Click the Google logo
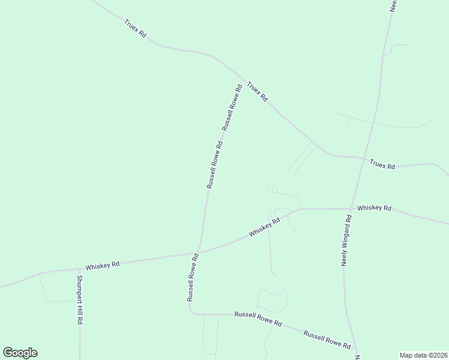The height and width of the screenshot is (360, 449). (x=20, y=353)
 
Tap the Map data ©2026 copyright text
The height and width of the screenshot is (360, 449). (x=423, y=355)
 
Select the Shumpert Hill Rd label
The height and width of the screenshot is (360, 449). (x=79, y=299)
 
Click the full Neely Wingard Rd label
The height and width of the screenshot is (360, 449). (x=347, y=240)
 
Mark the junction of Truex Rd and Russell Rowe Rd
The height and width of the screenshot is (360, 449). (x=243, y=80)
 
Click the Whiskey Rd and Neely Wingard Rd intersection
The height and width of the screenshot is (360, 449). (x=351, y=209)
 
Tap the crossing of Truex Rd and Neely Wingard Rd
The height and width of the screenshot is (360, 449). (x=363, y=158)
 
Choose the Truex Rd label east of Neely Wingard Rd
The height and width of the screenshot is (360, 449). (x=382, y=164)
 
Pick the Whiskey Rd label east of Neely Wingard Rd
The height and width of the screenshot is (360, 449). (x=374, y=208)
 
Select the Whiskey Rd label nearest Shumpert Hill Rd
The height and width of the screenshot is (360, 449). (x=102, y=265)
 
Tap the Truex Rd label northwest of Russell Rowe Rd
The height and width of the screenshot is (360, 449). (x=135, y=29)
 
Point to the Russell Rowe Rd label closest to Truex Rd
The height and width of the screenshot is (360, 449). (x=232, y=107)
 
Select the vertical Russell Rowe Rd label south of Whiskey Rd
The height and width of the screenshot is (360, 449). (x=192, y=277)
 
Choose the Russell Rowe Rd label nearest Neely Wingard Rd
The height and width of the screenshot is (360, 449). (x=327, y=339)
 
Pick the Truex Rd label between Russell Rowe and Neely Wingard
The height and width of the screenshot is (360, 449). (x=257, y=91)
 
